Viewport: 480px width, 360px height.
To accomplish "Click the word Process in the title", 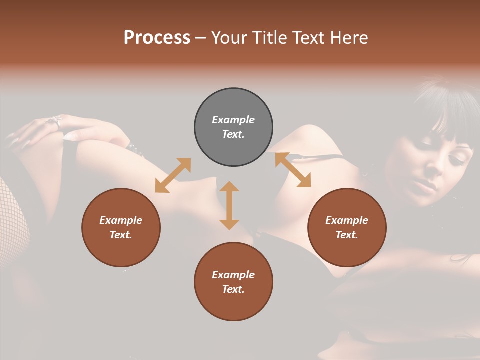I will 157,38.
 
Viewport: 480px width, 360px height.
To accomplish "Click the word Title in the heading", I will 270,38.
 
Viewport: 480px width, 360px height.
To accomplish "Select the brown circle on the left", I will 121,227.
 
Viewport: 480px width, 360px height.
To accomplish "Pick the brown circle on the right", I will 347,227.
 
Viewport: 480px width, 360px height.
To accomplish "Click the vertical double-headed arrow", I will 229,205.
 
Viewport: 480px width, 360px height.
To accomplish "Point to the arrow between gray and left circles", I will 173,175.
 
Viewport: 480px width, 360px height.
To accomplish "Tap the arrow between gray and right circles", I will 293,170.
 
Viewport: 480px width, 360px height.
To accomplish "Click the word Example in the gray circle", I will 233,120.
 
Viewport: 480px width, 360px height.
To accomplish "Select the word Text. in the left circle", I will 121,235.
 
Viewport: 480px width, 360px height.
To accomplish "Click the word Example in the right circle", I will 347,220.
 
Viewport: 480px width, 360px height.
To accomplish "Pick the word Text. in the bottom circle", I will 233,289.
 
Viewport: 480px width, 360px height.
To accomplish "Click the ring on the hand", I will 55,121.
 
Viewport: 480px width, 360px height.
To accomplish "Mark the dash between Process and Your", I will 201,38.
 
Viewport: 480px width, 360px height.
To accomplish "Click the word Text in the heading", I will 308,38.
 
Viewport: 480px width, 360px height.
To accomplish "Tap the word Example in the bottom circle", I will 233,275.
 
